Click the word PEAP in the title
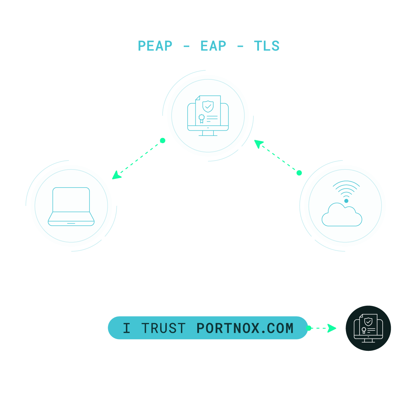click(x=155, y=46)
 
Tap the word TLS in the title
click(x=267, y=46)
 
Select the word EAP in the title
click(x=213, y=46)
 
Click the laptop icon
click(x=71, y=207)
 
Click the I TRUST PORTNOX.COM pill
click(x=208, y=328)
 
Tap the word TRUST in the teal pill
click(x=163, y=328)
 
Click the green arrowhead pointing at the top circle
click(x=259, y=144)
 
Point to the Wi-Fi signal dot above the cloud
click(x=346, y=201)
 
